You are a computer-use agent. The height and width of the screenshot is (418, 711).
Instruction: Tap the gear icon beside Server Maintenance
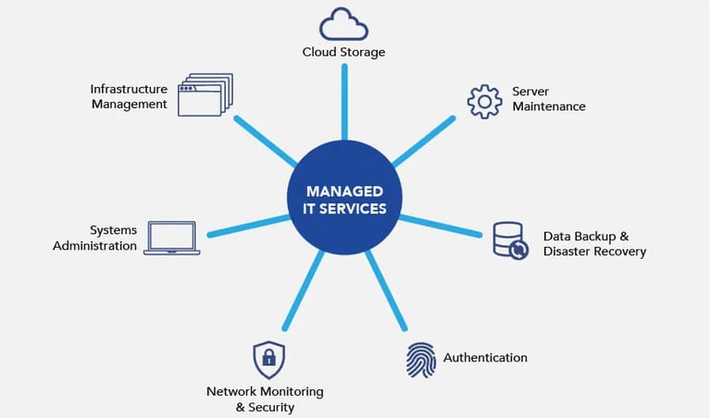tap(474, 102)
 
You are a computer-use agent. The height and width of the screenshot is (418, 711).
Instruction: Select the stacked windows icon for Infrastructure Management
tap(206, 94)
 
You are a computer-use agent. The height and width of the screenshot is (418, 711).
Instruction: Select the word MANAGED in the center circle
tap(344, 191)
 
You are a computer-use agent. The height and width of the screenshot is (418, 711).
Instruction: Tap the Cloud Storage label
tap(343, 52)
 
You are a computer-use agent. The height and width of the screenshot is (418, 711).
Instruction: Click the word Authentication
tap(485, 358)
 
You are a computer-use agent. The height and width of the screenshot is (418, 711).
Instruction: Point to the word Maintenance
tap(549, 106)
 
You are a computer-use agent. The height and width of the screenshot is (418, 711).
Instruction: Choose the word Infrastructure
tap(129, 89)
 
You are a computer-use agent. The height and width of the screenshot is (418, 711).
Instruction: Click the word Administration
tap(94, 246)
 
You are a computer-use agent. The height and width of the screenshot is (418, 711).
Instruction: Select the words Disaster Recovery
tap(594, 252)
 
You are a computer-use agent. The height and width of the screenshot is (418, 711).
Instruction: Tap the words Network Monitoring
tap(265, 391)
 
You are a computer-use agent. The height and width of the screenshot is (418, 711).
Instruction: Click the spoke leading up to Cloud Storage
tap(344, 102)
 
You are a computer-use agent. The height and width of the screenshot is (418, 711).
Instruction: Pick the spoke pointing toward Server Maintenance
tap(423, 141)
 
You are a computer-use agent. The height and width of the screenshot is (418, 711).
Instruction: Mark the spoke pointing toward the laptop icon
tap(249, 226)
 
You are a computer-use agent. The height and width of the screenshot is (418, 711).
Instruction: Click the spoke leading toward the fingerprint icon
tap(386, 290)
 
